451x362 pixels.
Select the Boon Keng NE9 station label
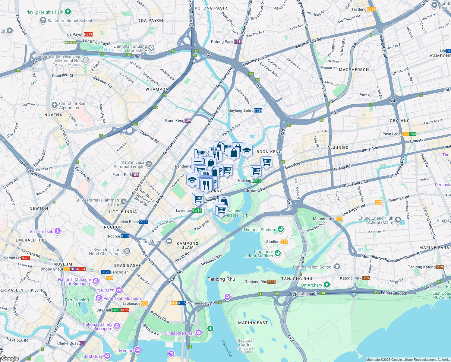click(x=178, y=121)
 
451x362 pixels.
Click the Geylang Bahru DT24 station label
click(x=245, y=110)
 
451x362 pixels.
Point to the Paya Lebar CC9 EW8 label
click(x=399, y=134)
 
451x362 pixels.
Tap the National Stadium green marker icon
click(x=281, y=230)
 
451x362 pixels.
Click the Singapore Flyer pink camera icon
click(x=198, y=333)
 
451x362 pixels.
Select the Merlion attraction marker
click(x=138, y=350)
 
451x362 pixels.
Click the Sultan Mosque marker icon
click(x=169, y=241)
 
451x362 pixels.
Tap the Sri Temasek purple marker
click(x=58, y=231)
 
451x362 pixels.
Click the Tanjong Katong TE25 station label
click(x=426, y=267)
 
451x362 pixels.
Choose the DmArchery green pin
click(x=326, y=285)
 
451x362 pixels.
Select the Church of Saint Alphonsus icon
click(x=54, y=105)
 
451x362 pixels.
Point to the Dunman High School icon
click(x=337, y=267)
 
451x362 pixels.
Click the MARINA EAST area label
click(x=253, y=323)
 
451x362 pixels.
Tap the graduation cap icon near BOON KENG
click(x=246, y=150)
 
